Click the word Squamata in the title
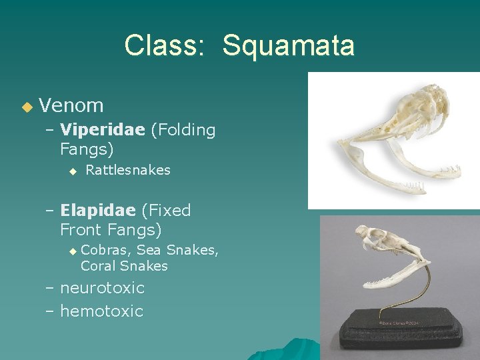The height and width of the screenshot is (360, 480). coord(288,46)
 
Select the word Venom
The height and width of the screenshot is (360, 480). coord(71,105)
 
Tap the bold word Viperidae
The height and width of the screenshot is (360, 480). coord(102,130)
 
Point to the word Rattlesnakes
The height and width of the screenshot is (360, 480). coord(128,170)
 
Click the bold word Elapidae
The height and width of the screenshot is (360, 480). coord(98,211)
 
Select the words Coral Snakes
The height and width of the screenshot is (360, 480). coord(124,266)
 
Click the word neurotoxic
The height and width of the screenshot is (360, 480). coord(102,288)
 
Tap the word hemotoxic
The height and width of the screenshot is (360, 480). coord(101,311)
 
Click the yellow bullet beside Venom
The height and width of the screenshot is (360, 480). coord(27,107)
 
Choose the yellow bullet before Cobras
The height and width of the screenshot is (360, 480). coord(73,251)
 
